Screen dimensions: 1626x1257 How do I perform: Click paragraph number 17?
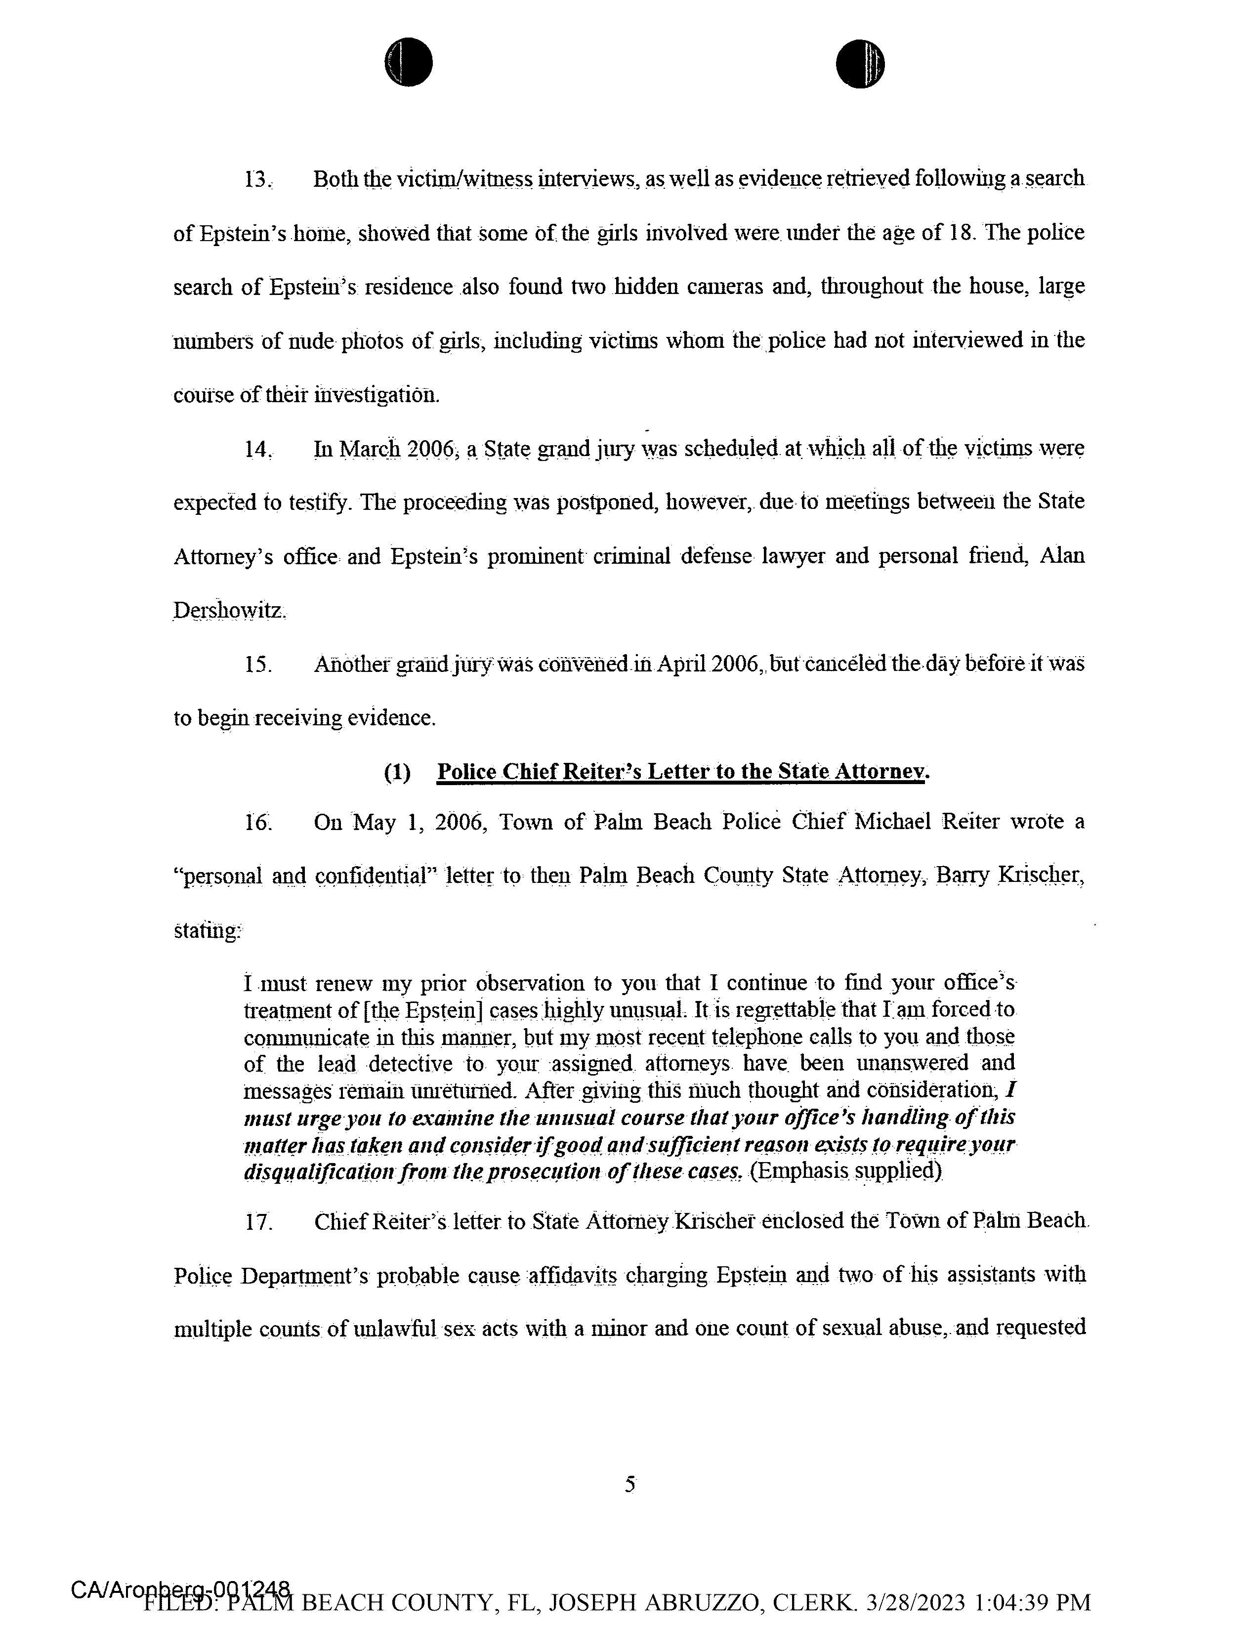coord(257,1222)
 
